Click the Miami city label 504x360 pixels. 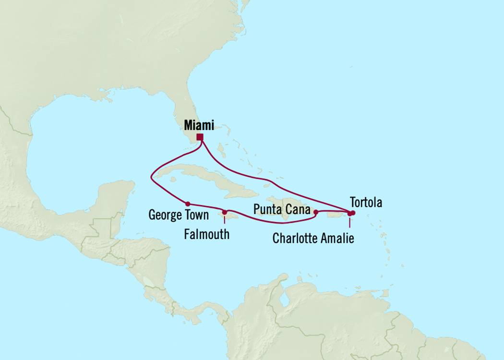coord(199,125)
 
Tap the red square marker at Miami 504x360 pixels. coord(200,137)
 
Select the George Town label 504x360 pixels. coord(179,215)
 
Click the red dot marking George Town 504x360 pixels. coord(188,204)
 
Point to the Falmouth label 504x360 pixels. coord(207,234)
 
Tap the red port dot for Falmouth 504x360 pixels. coord(225,212)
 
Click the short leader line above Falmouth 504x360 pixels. coord(225,220)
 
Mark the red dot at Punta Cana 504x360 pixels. coord(315,212)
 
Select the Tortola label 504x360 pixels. coord(366,203)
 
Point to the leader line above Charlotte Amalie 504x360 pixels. coord(349,223)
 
